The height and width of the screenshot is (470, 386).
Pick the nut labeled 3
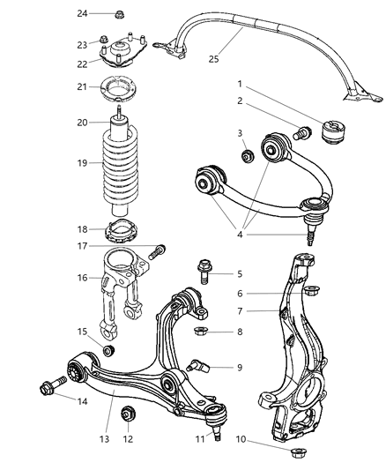tap(249, 157)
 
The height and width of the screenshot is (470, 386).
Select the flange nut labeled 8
tap(201, 332)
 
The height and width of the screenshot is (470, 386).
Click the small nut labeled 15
tap(108, 352)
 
